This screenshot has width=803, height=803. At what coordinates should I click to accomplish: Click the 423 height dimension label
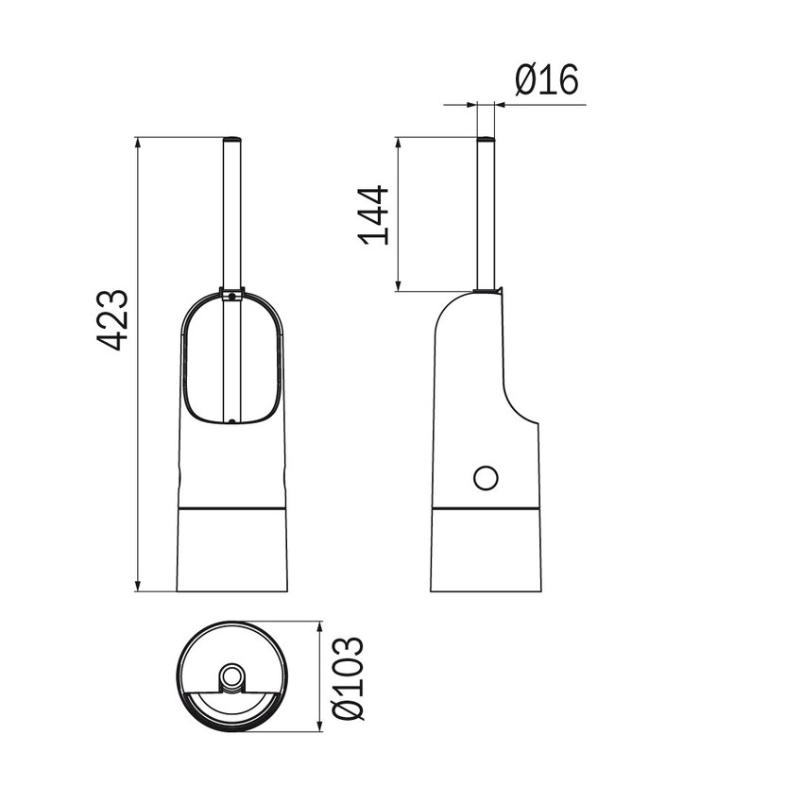click(112, 320)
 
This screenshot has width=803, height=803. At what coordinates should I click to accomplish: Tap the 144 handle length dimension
click(374, 215)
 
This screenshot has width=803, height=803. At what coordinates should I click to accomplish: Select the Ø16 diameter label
click(547, 79)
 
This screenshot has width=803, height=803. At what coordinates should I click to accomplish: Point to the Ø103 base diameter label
click(349, 678)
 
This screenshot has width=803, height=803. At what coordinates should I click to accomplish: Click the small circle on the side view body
click(486, 478)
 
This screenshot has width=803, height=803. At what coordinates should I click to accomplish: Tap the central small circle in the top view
click(232, 676)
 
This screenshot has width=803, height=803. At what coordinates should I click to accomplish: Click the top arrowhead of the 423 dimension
click(137, 143)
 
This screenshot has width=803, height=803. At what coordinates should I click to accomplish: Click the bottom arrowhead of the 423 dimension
click(137, 586)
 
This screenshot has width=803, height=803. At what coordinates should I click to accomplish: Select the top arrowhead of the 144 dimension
click(399, 143)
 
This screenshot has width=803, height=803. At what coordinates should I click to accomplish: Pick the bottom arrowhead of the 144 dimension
click(399, 285)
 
